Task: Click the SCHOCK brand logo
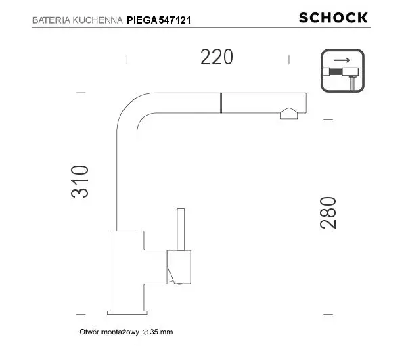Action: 334,18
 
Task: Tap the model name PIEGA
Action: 142,20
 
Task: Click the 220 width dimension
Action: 217,58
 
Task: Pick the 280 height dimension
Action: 328,212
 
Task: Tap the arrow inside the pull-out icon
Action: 342,60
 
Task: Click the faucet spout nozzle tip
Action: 289,114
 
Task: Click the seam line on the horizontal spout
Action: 220,102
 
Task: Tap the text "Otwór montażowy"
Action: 109,332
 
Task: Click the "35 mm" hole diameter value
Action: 162,332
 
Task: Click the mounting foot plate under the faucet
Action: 127,312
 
